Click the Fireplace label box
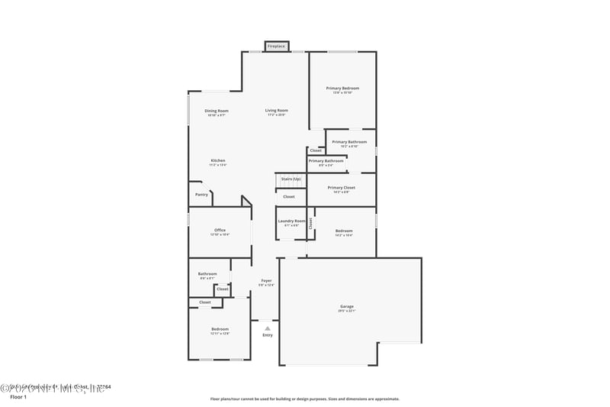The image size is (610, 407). [276, 47]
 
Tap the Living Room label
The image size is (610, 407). [276, 111]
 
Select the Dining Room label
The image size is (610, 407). [217, 111]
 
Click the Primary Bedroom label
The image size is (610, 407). [342, 89]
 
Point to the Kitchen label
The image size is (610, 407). [218, 160]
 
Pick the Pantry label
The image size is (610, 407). [201, 195]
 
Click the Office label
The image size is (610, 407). [220, 230]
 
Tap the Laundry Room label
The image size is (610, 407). [291, 222]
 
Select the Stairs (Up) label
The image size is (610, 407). [291, 179]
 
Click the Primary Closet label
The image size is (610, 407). [342, 188]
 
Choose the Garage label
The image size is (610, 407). [347, 307]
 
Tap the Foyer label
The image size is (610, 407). [266, 281]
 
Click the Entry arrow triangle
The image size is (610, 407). [268, 328]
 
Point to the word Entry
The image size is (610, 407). [268, 335]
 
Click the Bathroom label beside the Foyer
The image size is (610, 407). [207, 274]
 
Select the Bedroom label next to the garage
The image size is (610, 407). [344, 231]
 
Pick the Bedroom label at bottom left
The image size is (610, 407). [220, 329]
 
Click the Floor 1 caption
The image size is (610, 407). [18, 398]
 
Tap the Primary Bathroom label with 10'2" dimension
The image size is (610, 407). [349, 142]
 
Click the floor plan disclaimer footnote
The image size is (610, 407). [304, 399]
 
